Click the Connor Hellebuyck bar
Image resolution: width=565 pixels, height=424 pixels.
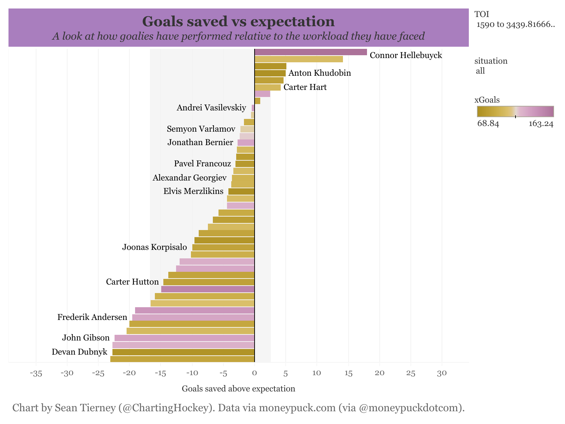[310, 52]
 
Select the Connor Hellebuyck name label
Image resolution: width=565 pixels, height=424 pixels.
[406, 55]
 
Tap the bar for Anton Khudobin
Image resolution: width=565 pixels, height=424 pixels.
[270, 73]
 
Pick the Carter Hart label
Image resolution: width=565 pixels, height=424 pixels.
[305, 87]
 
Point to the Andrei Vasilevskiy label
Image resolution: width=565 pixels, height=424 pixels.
[211, 108]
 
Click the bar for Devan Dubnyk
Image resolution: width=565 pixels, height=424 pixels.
[183, 352]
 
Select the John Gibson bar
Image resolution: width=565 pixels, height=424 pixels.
[184, 338]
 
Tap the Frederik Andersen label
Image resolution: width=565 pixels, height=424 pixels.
[92, 317]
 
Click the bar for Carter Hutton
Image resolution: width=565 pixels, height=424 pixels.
[209, 282]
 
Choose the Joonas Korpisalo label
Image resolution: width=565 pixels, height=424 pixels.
[155, 247]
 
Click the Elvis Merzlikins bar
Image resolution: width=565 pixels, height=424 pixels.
[241, 191]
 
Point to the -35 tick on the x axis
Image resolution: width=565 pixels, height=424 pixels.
[36, 373]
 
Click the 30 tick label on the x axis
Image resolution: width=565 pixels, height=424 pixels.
[442, 373]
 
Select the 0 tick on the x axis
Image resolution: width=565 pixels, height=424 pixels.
[254, 373]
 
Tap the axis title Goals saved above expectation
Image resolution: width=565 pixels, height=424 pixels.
[238, 389]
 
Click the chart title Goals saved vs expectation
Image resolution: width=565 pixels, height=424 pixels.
[238, 22]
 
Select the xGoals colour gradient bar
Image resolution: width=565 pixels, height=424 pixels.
[515, 111]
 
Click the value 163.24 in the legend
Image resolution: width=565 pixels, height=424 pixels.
[541, 124]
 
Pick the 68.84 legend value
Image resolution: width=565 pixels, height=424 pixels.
[488, 124]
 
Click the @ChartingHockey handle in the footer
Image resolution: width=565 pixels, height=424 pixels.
[165, 408]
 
